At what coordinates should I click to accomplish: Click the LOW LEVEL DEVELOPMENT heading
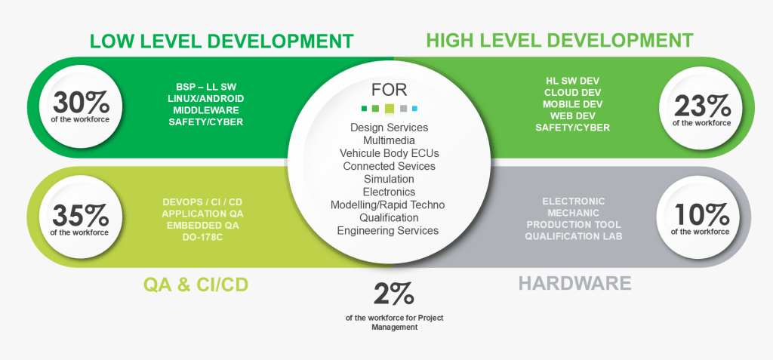221,40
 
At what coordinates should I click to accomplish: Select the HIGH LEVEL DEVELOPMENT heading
559,39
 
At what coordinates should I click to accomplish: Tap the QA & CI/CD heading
196,284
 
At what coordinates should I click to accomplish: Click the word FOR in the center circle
389,89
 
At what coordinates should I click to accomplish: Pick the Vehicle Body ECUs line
389,153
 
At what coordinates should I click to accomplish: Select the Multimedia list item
389,140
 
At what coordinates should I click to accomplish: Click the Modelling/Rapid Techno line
388,205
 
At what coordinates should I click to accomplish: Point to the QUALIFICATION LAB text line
574,236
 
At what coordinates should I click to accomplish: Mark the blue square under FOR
414,108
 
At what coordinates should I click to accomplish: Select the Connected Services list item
389,166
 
